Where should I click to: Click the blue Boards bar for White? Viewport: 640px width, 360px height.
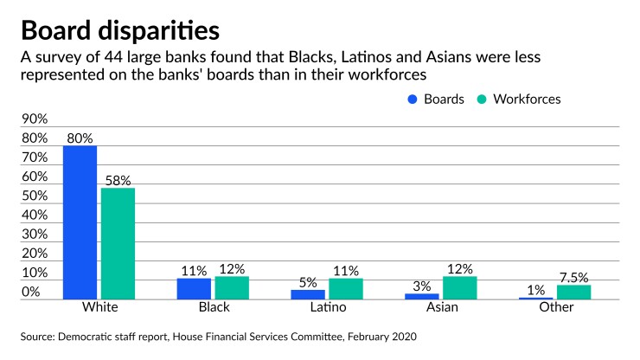pos(80,222)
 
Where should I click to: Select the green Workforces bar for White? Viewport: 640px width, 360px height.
pos(118,243)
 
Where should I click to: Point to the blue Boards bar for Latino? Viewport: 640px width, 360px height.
pos(307,294)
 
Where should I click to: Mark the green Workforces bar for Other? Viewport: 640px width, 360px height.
pos(573,292)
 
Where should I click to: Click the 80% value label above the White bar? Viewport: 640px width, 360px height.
pos(79,138)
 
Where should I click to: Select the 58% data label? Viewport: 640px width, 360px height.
pos(118,180)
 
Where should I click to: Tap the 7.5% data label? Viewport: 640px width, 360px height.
pos(573,277)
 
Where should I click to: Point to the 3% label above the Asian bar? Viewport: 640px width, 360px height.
pos(421,286)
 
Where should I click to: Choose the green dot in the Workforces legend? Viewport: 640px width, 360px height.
pos(482,100)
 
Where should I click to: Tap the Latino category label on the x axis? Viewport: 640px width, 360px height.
pos(326,308)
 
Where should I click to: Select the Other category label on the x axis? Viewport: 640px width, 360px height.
pos(554,308)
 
